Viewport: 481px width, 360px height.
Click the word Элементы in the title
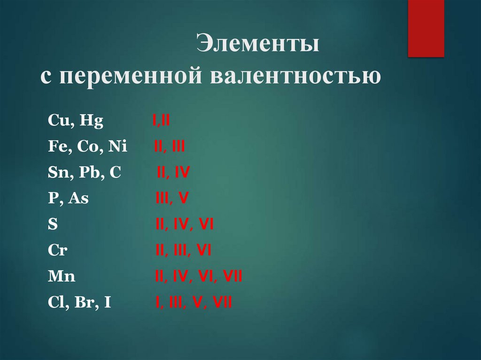pos(258,45)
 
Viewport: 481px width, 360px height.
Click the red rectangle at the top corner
pos(426,28)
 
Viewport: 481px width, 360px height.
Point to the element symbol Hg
pos(92,122)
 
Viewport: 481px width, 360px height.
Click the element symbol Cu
pos(58,122)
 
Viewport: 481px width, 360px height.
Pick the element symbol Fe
pos(56,147)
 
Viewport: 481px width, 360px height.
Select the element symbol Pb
pos(88,173)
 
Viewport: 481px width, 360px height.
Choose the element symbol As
pos(78,199)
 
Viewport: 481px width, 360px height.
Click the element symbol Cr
pos(58,250)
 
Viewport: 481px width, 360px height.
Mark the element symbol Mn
pos(62,276)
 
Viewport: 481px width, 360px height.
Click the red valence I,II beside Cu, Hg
pos(161,122)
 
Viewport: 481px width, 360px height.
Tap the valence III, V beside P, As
pos(172,199)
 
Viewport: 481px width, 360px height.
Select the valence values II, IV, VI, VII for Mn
pos(199,276)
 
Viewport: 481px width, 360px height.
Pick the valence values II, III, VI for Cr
pos(183,250)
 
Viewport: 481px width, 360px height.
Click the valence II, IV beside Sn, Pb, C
pos(173,173)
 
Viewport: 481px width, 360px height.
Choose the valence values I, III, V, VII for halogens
pos(194,302)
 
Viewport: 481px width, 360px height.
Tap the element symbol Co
pos(86,147)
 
